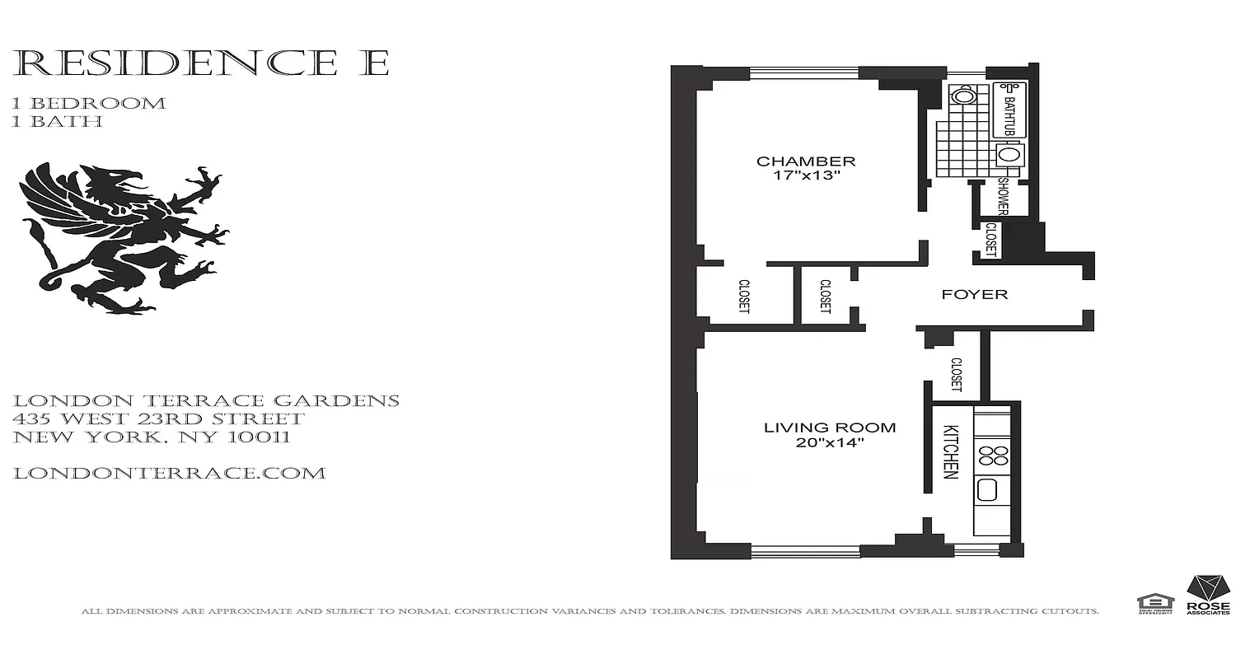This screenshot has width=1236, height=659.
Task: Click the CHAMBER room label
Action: pyautogui.click(x=806, y=161)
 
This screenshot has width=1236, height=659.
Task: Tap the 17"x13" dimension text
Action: pyautogui.click(x=806, y=176)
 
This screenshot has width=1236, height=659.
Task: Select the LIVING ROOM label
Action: pyautogui.click(x=829, y=428)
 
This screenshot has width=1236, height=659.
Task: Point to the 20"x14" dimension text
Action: pyautogui.click(x=829, y=443)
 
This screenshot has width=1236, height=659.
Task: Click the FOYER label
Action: pyautogui.click(x=975, y=294)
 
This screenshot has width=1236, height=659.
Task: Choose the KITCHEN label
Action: pyautogui.click(x=950, y=452)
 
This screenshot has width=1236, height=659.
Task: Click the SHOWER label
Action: pyautogui.click(x=1003, y=196)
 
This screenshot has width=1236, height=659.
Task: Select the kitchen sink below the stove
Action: pyautogui.click(x=988, y=492)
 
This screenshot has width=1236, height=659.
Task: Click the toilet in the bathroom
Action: pyautogui.click(x=962, y=96)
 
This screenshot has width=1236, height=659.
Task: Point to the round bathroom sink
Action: pyautogui.click(x=1007, y=154)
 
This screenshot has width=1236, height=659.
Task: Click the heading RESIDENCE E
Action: pyautogui.click(x=201, y=63)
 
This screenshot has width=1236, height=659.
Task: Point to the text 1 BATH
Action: pyautogui.click(x=58, y=122)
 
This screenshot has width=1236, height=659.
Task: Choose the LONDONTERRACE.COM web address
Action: pyautogui.click(x=170, y=474)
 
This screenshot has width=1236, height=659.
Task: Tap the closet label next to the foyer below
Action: pyautogui.click(x=956, y=373)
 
